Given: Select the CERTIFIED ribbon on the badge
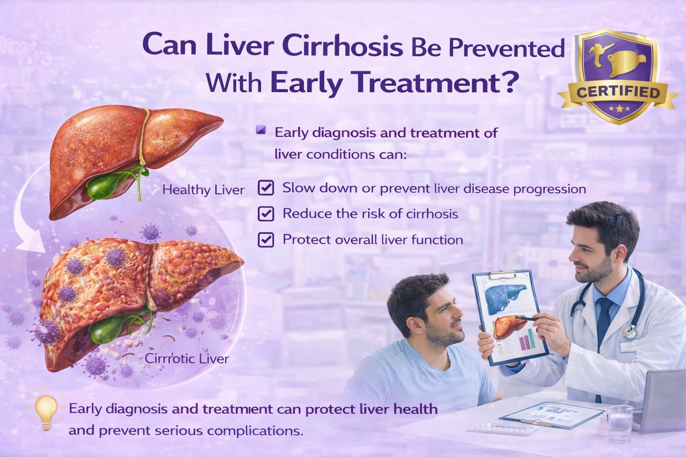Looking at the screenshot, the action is pyautogui.click(x=618, y=93).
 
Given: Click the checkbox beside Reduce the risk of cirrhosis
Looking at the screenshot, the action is pyautogui.click(x=266, y=214).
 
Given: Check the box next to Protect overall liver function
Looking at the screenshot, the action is pyautogui.click(x=266, y=240).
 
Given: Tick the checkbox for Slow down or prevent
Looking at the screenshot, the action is pyautogui.click(x=266, y=187).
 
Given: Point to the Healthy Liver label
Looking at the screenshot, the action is pyautogui.click(x=203, y=190).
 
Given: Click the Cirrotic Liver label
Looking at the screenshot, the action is pyautogui.click(x=187, y=358).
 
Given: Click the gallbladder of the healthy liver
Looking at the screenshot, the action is pyautogui.click(x=101, y=185).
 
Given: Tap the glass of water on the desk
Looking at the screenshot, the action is pyautogui.click(x=620, y=424).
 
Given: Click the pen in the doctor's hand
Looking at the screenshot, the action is pyautogui.click(x=526, y=318).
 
